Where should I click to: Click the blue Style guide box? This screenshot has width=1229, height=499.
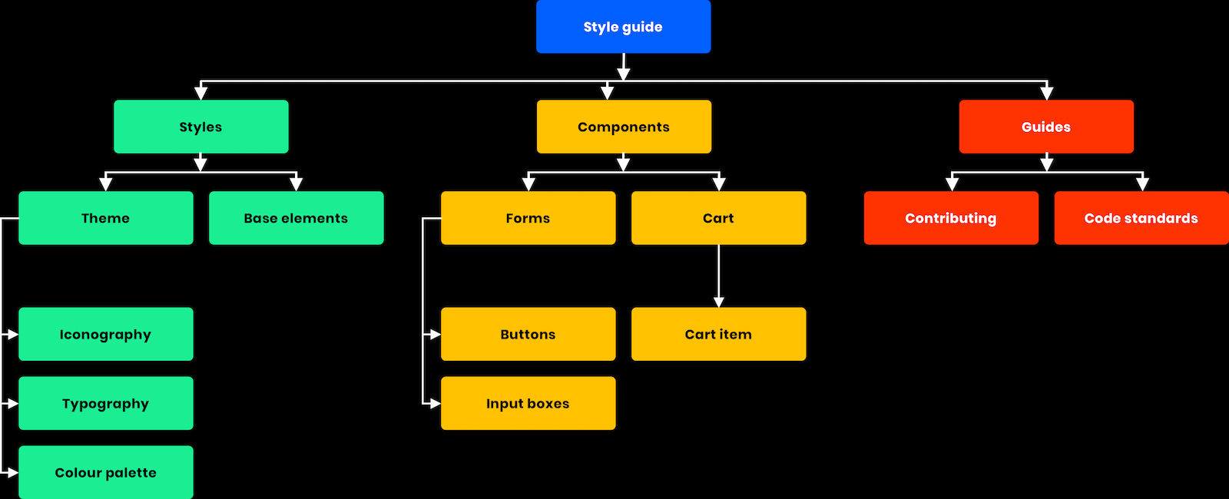[623, 27]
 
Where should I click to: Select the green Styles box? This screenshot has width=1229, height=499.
[200, 127]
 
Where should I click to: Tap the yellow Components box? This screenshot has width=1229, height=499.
[623, 127]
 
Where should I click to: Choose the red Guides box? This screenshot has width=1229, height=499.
[1045, 127]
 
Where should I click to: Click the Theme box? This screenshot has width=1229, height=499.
[105, 218]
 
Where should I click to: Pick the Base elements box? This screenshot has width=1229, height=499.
[296, 218]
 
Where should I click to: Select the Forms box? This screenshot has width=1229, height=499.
[528, 218]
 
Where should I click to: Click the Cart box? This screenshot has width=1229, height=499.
[718, 218]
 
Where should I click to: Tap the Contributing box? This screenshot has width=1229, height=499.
[950, 218]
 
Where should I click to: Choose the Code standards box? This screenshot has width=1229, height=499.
[1141, 218]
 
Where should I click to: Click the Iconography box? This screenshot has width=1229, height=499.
[105, 334]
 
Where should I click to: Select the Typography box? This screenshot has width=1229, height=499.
[105, 403]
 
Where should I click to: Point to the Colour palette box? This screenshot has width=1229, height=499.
[105, 472]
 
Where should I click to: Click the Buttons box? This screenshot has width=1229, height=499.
[528, 334]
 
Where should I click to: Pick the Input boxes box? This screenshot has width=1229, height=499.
[528, 403]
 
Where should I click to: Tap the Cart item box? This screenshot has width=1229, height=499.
[718, 334]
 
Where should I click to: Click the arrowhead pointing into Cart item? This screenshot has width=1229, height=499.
[718, 302]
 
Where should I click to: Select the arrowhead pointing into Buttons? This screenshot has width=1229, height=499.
[435, 334]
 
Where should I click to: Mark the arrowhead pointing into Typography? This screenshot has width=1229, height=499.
[12, 403]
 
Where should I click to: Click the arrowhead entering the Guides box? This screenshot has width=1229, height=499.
[1046, 94]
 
